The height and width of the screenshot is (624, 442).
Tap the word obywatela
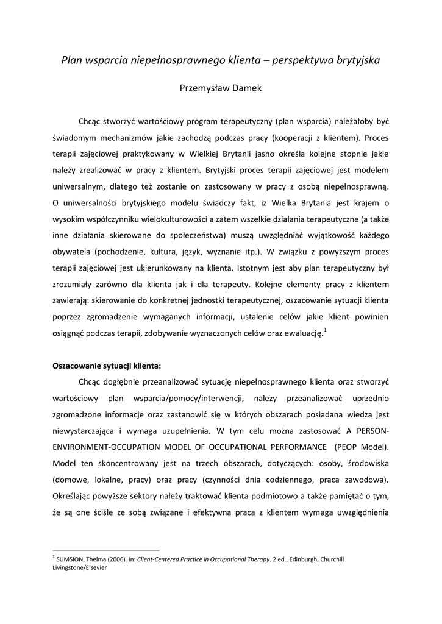[x=72, y=252]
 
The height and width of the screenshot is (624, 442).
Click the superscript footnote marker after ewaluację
[x=326, y=330]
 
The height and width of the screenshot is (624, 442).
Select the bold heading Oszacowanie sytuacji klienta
[x=107, y=366]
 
